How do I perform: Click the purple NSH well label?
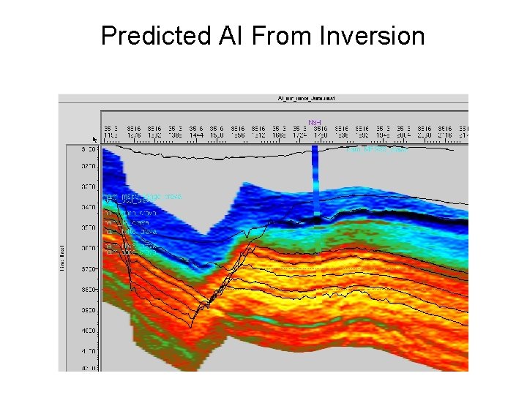tap(314, 122)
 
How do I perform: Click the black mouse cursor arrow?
tap(94, 137)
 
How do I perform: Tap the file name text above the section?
tap(305, 97)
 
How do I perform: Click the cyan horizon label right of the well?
tap(376, 149)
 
